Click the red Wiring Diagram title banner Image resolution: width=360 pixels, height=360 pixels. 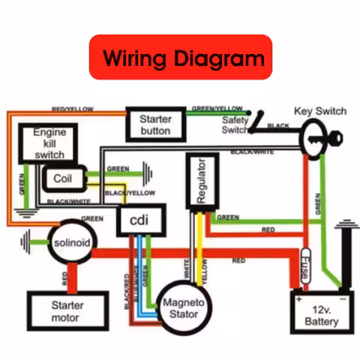coord(180,56)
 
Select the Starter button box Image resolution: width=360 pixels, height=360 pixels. coord(155,124)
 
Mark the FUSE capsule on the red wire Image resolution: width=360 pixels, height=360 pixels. coord(305,266)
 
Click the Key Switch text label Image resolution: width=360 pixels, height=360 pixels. coord(320,111)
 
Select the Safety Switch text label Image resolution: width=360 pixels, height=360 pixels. coord(236,124)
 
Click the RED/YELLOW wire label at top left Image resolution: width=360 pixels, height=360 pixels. coord(72,109)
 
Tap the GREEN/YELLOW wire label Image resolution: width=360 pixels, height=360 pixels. coord(217,109)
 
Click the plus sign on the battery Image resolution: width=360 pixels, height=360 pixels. coord(298,298)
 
